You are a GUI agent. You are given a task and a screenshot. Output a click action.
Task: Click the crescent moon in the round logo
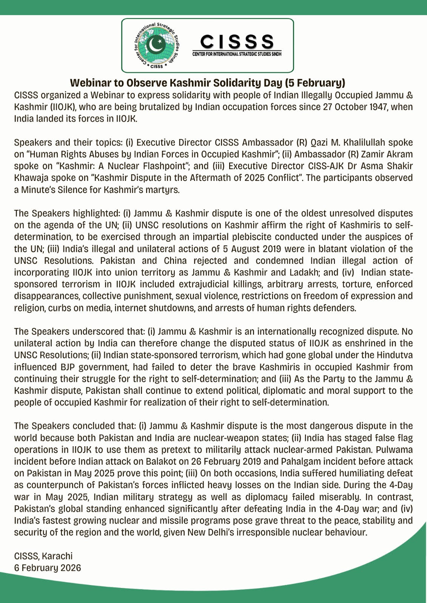point(155,45)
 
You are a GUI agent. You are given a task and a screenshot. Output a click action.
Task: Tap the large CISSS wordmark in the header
point(237,42)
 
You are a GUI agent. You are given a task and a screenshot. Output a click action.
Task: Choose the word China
point(175,261)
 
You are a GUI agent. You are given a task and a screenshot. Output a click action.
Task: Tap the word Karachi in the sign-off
point(57,556)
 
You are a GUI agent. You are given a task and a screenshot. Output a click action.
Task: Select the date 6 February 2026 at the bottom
point(48,568)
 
